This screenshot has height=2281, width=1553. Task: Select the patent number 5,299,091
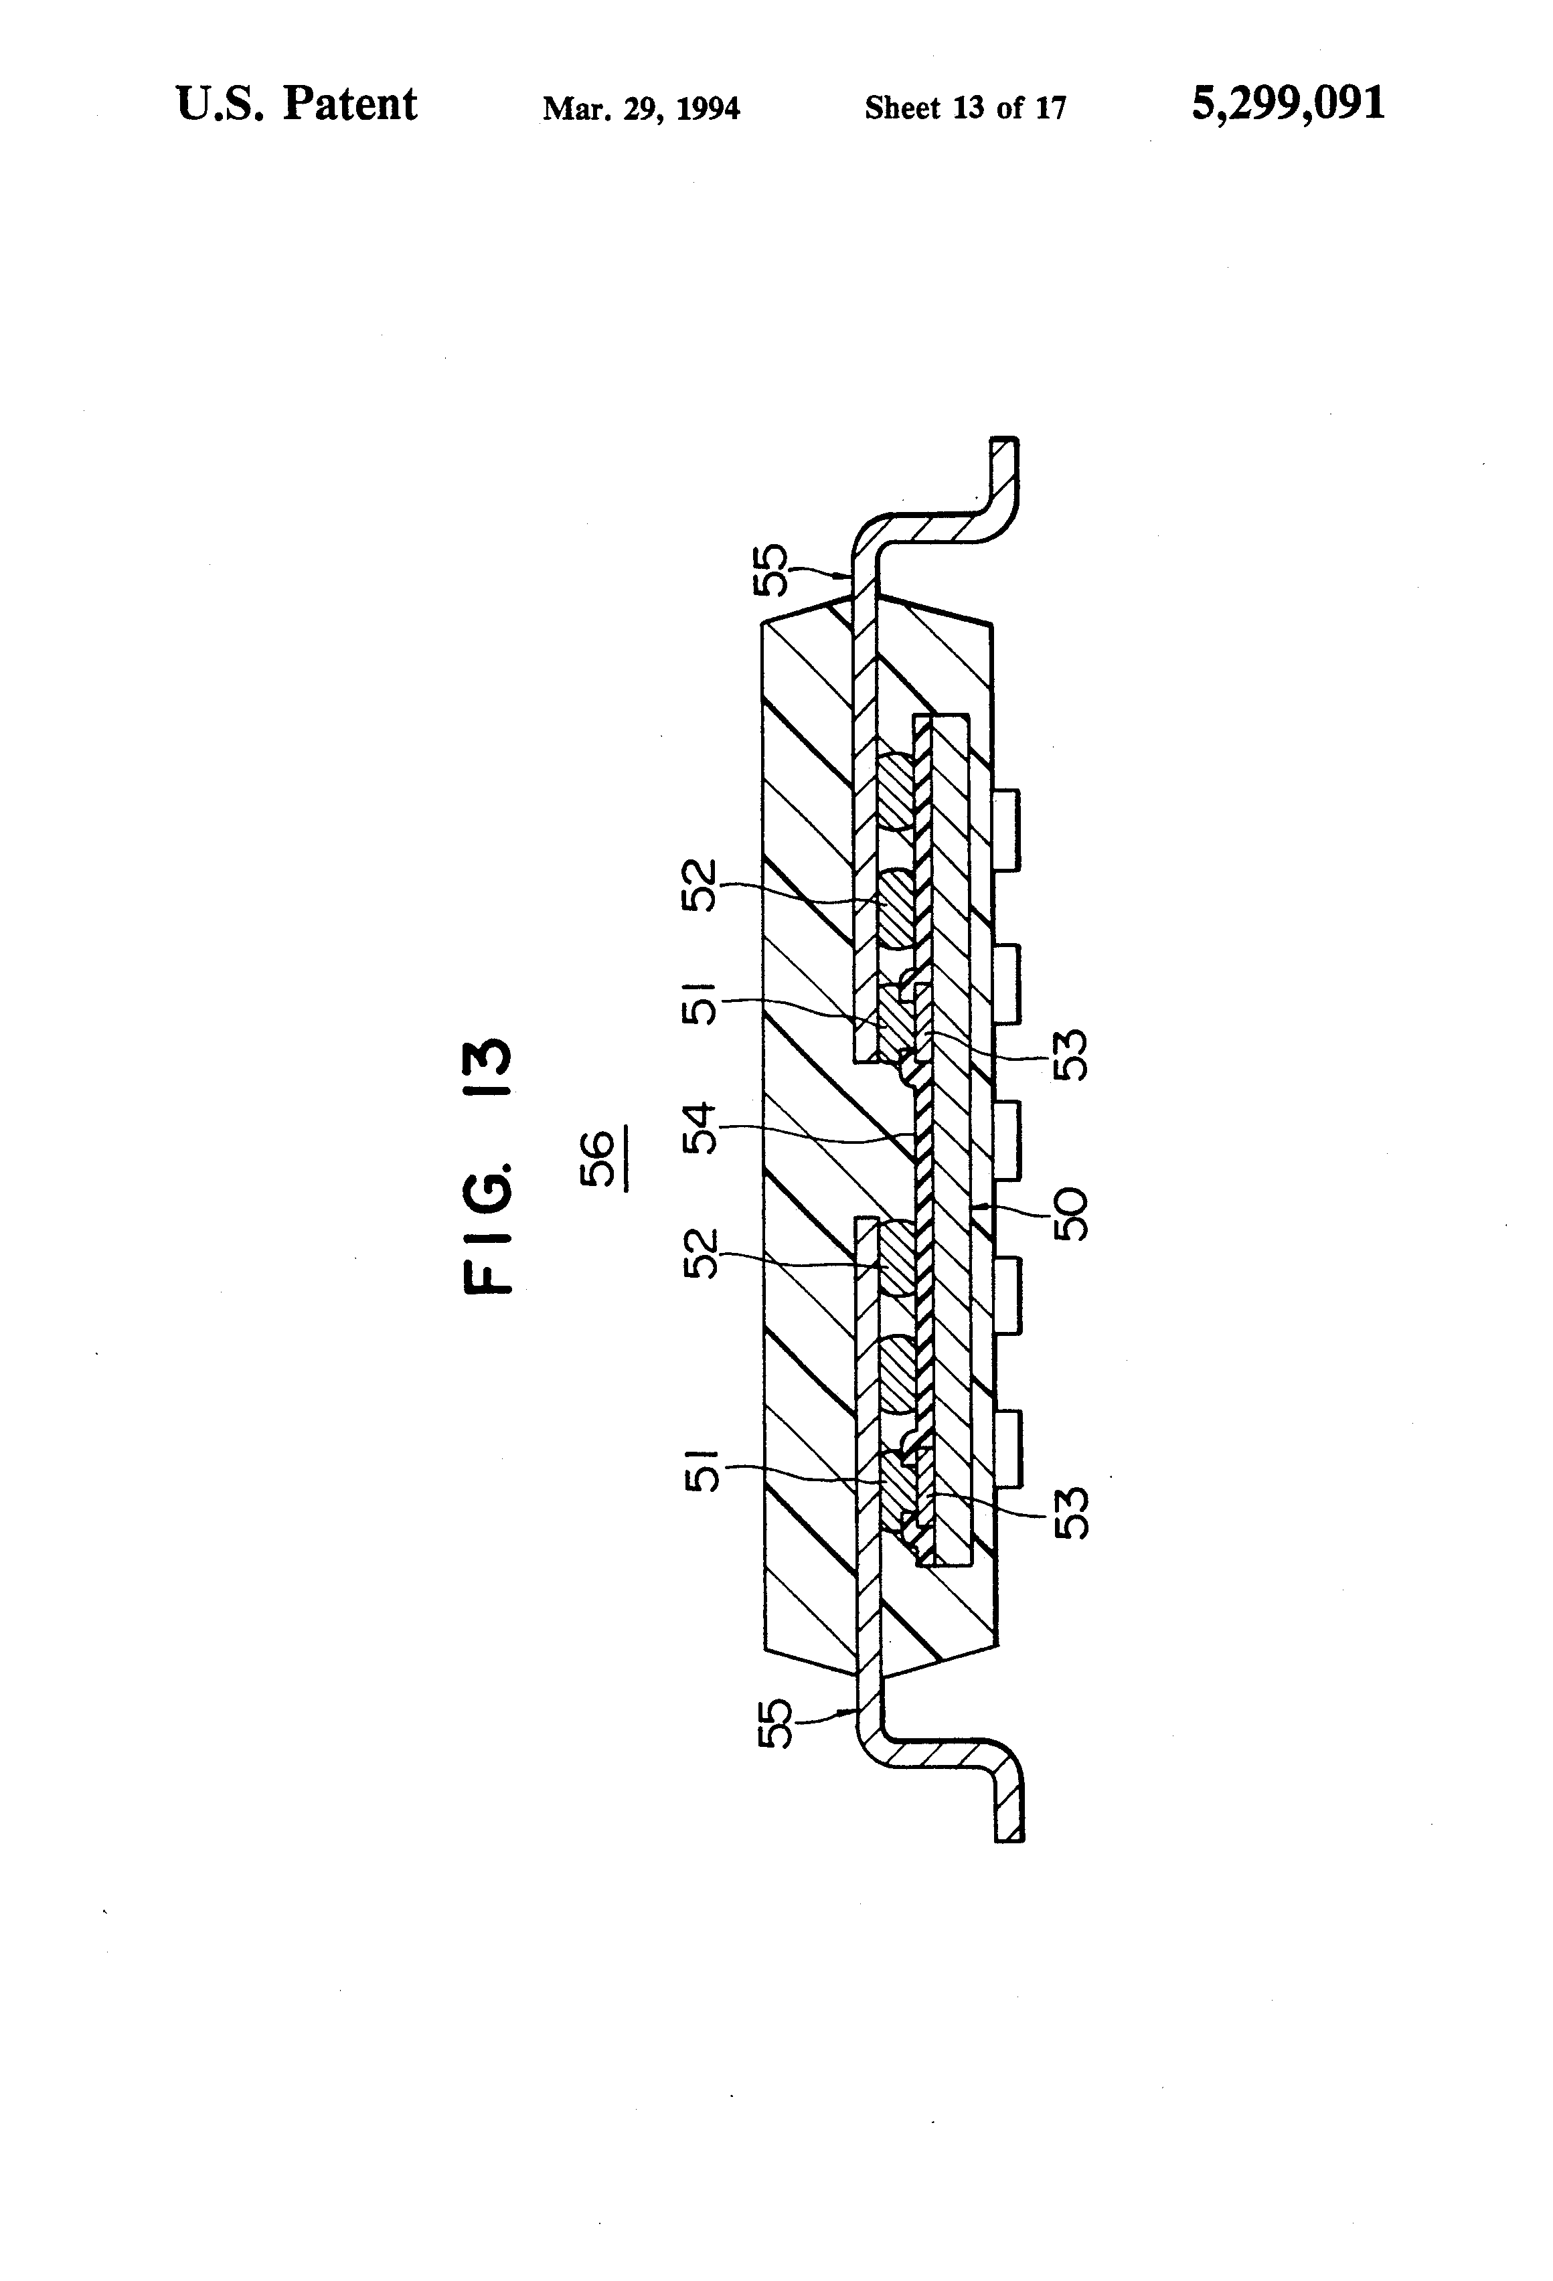tap(1288, 103)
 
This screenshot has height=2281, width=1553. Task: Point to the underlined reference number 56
tap(599, 1159)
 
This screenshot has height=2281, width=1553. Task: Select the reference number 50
tap(1070, 1214)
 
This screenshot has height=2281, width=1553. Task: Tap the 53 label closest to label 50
tap(1070, 1054)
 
